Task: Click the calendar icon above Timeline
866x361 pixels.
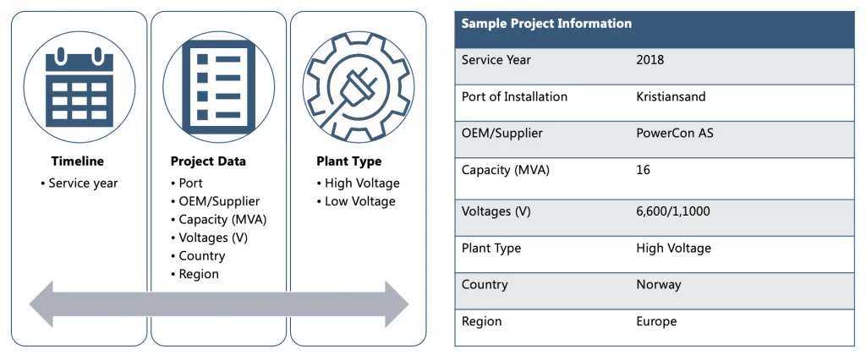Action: coord(79,87)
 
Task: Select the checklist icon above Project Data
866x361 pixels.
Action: coord(218,87)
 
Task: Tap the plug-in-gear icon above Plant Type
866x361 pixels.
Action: coord(358,87)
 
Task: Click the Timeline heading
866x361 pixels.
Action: coord(77,161)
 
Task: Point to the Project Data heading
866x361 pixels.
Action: coord(208,161)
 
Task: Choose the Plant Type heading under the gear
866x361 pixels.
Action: coord(348,161)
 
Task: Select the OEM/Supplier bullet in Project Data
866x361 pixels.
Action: coord(219,201)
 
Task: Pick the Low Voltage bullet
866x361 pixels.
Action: coord(359,201)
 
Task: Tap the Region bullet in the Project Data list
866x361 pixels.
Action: coord(199,274)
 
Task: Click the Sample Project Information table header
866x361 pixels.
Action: coord(546,24)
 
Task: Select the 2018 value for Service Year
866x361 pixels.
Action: coord(649,60)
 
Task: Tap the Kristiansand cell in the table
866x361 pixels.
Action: coord(671,96)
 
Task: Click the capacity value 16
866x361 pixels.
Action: coord(643,170)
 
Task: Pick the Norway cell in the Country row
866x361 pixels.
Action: coord(658,285)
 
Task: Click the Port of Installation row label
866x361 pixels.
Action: coord(514,96)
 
